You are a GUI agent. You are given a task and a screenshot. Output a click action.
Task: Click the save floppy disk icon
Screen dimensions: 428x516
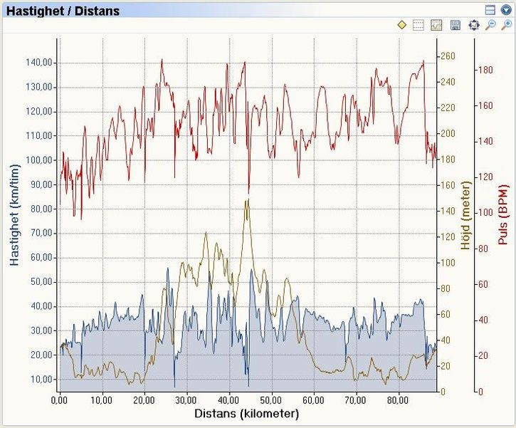point(456,26)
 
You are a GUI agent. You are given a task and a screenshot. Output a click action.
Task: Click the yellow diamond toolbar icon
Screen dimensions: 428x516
point(401,26)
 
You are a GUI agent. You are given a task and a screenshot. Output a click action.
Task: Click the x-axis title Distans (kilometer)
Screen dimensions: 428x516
point(246,413)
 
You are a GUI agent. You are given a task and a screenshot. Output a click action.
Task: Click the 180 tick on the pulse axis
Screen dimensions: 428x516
point(485,70)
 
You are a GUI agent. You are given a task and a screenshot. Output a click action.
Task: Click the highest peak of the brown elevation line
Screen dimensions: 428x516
point(246,200)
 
